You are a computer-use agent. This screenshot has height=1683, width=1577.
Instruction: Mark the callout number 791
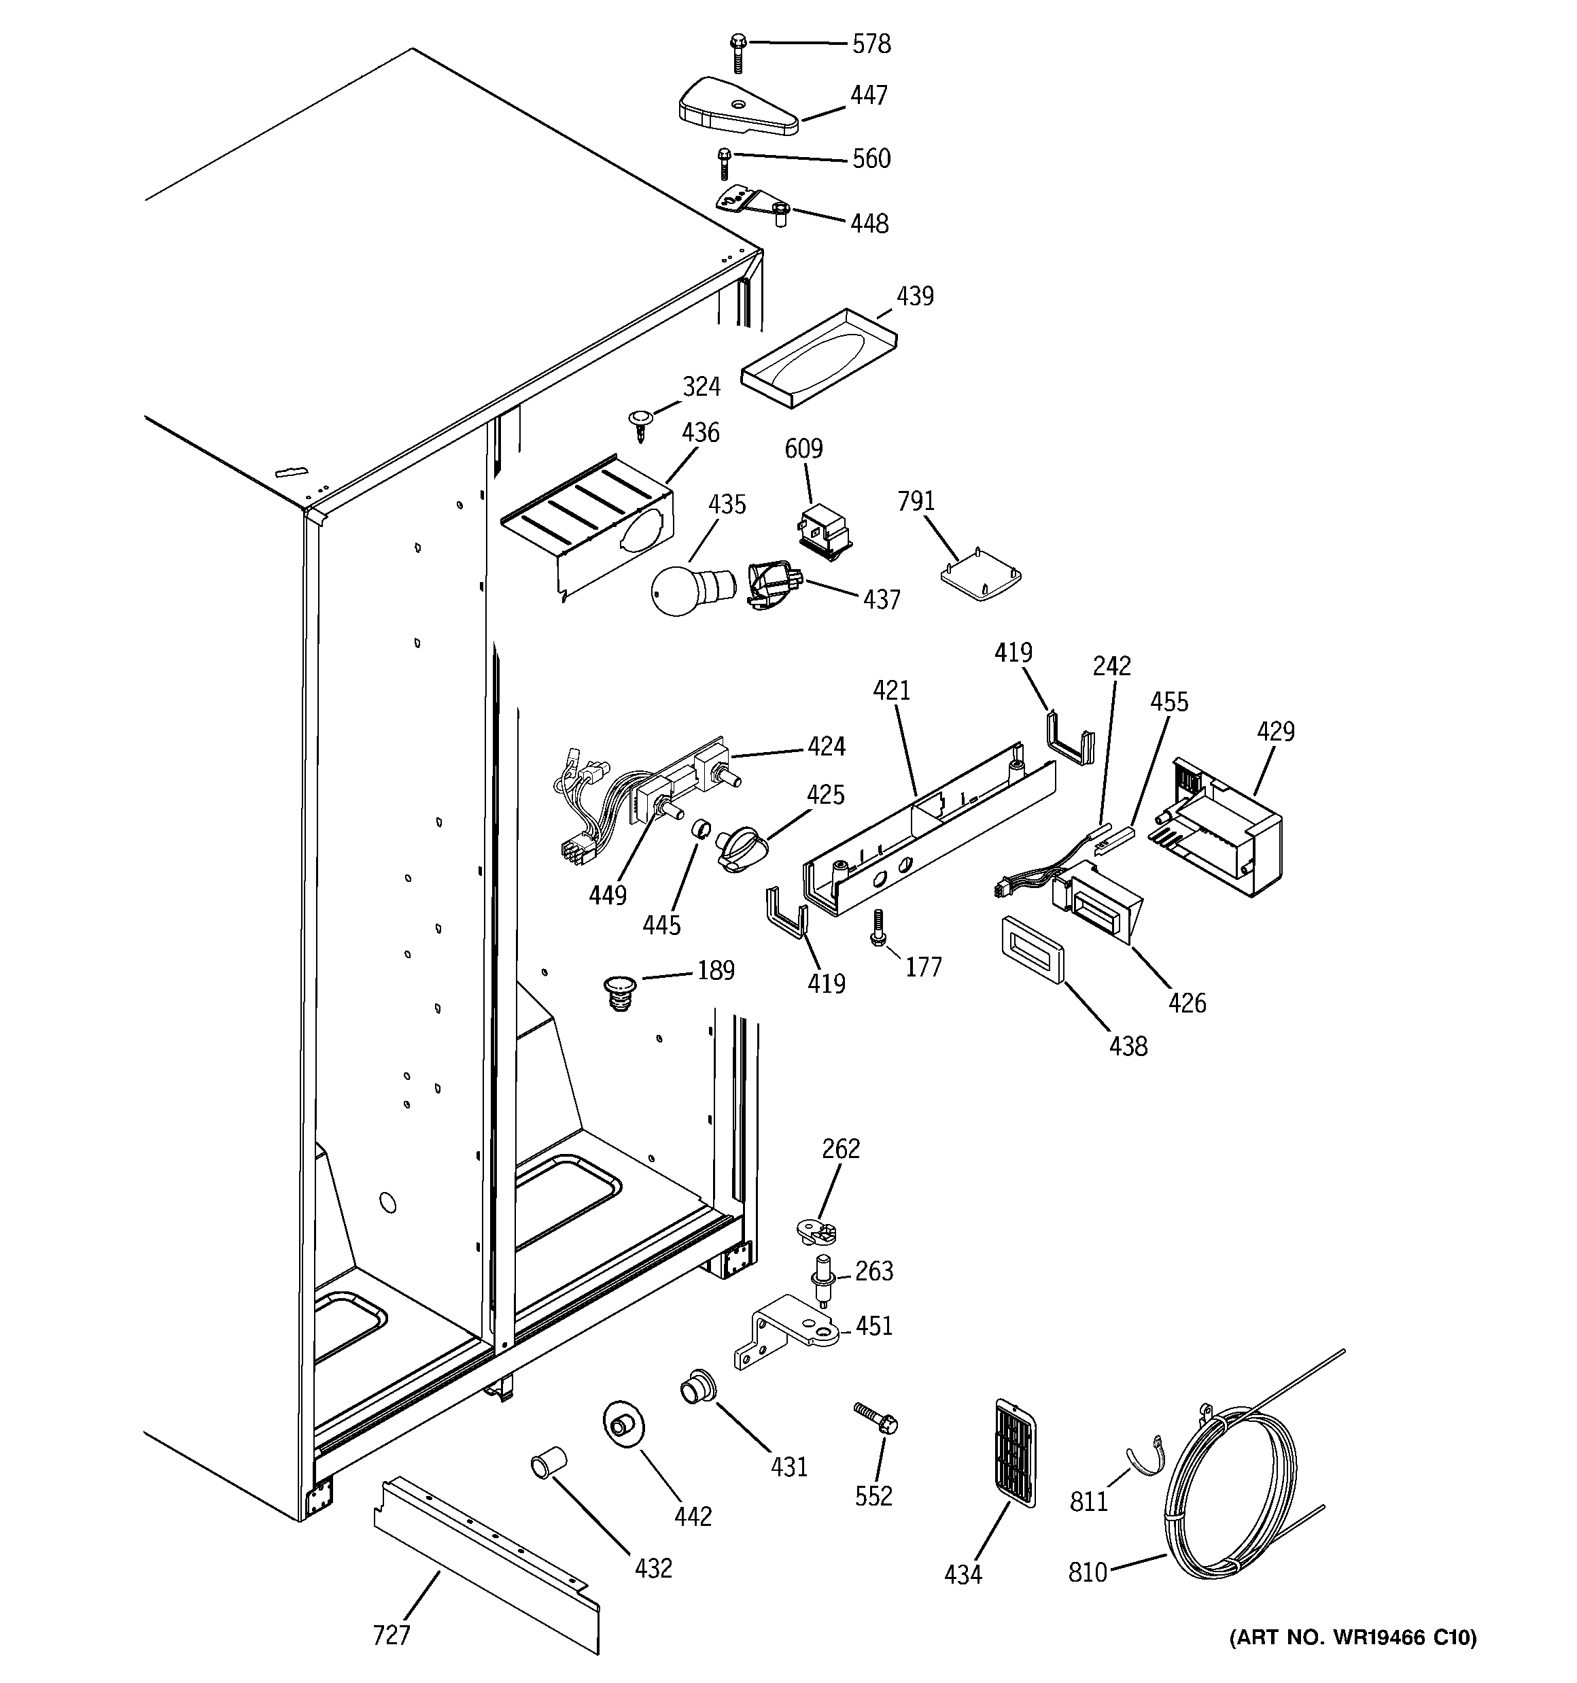pyautogui.click(x=915, y=501)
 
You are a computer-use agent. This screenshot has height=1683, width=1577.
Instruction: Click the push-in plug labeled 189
pyautogui.click(x=621, y=993)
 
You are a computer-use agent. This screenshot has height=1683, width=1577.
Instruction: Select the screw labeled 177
pyautogui.click(x=878, y=928)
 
